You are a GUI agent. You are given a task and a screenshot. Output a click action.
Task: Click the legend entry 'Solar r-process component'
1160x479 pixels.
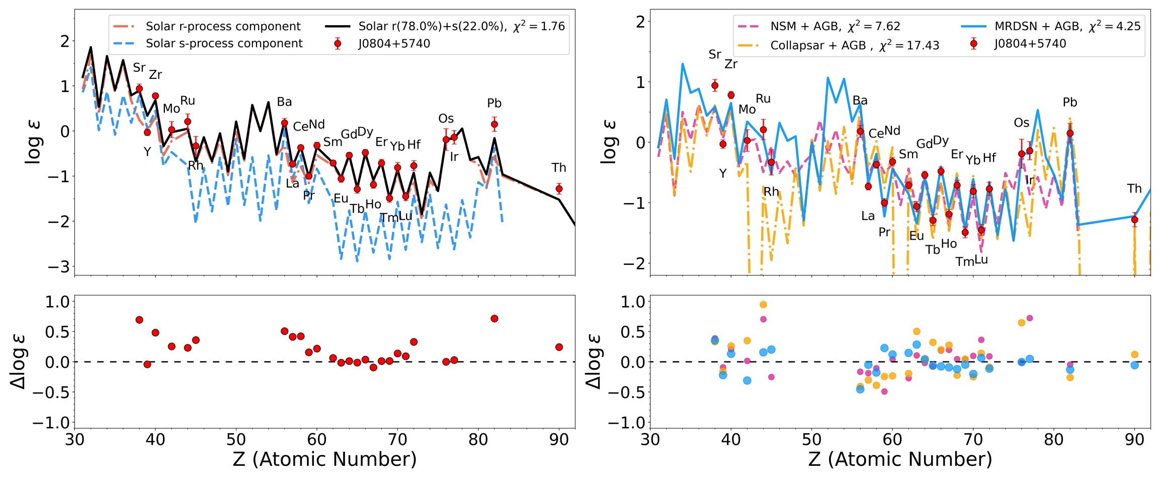[x=223, y=26]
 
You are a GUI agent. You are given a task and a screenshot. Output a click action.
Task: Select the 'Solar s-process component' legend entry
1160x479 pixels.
[x=224, y=44]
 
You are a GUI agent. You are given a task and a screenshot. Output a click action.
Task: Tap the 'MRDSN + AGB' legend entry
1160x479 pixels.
[x=1038, y=26]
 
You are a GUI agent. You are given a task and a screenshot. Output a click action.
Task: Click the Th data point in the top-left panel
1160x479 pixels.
[x=559, y=189]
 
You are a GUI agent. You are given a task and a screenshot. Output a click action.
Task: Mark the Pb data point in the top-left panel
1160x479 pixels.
[x=494, y=124]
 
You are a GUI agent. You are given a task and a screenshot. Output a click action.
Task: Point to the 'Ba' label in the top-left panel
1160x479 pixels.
[x=284, y=102]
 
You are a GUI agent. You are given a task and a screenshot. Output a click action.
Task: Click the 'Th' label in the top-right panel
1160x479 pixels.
[x=1134, y=188]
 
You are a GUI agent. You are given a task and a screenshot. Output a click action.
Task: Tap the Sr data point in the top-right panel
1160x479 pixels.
[x=715, y=85]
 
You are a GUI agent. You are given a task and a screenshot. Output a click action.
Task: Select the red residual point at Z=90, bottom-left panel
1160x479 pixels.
[x=559, y=347]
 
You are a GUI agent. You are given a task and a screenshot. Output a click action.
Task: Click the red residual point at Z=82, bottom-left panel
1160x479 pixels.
[x=494, y=319]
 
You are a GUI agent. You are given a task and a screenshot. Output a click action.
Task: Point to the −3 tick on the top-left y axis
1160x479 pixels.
[x=58, y=266]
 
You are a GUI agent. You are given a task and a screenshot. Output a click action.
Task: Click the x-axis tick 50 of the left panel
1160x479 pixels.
[x=236, y=440]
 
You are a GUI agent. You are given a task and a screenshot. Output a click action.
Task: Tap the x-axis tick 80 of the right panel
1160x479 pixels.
[x=1054, y=440]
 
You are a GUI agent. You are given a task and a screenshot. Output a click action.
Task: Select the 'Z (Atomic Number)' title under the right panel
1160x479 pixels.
[x=900, y=459]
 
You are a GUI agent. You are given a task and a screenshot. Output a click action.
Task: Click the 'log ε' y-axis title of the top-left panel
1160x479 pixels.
[x=33, y=142]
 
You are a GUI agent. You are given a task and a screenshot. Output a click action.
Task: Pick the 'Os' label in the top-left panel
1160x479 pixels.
[x=446, y=119]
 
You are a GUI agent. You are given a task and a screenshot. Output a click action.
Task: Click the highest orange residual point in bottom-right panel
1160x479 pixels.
[x=763, y=305]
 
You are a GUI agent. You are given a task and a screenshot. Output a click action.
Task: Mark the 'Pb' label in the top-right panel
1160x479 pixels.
[x=1070, y=103]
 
